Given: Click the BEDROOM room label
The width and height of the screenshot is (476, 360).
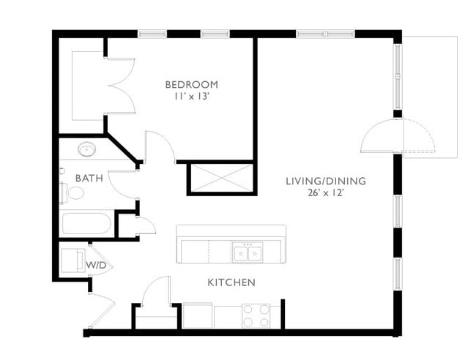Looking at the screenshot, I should pos(191,83).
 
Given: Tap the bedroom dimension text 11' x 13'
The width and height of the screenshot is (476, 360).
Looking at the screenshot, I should pos(191,95).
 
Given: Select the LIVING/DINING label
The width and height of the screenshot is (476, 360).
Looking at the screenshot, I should pos(326,181).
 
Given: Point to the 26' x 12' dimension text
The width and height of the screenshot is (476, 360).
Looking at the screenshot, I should pos(326,193).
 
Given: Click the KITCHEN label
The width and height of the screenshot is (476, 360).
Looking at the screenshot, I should pos(231,282).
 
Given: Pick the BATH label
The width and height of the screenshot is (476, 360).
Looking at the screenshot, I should pos(89,178).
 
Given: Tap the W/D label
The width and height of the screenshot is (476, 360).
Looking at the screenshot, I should pos(97,264).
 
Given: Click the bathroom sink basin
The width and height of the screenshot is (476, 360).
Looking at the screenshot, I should pos(87,150).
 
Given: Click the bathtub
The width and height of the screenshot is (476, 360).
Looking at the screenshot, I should pos(86,223).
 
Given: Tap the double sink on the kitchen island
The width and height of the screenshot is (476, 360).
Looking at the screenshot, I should pos(248,253).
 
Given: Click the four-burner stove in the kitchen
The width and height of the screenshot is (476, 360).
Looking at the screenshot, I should pos(256,315).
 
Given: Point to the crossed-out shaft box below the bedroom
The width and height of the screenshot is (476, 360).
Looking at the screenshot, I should pos(221,178).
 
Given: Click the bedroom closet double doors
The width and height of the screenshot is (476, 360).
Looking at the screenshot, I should pos(121,86).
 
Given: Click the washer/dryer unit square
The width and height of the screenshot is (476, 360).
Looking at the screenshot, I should pos(72,260).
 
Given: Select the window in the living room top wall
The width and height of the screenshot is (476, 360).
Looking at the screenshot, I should pos(325,34).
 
